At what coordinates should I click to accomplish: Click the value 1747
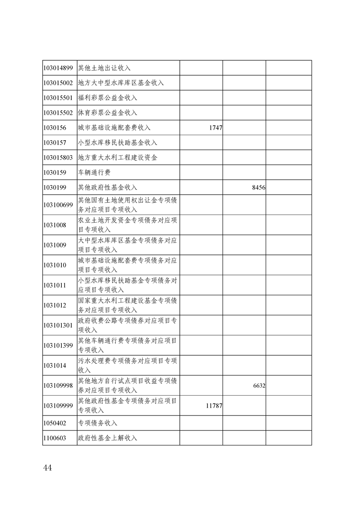pyautogui.click(x=216, y=128)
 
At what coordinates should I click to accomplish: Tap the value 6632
pyautogui.click(x=259, y=386)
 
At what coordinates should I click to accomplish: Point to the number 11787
pyautogui.click(x=214, y=406)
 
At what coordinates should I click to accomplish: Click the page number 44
pyautogui.click(x=48, y=468)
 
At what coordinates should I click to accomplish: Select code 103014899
pyautogui.click(x=58, y=68)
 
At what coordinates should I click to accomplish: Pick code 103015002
pyautogui.click(x=58, y=83)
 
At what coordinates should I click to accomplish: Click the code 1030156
pyautogui.click(x=54, y=128)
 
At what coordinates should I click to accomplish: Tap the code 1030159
pyautogui.click(x=54, y=172)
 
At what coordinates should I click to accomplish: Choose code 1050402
pyautogui.click(x=54, y=423)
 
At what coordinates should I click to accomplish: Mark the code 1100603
pyautogui.click(x=54, y=438)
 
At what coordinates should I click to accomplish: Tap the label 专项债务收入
pyautogui.click(x=98, y=423)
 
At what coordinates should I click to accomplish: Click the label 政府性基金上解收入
pyautogui.click(x=108, y=438)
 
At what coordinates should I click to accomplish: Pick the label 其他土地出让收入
pyautogui.click(x=104, y=68)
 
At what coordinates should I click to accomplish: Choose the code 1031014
pyautogui.click(x=54, y=365)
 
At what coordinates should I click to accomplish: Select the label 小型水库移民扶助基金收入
pyautogui.click(x=118, y=142)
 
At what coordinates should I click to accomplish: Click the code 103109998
pyautogui.click(x=58, y=385)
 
